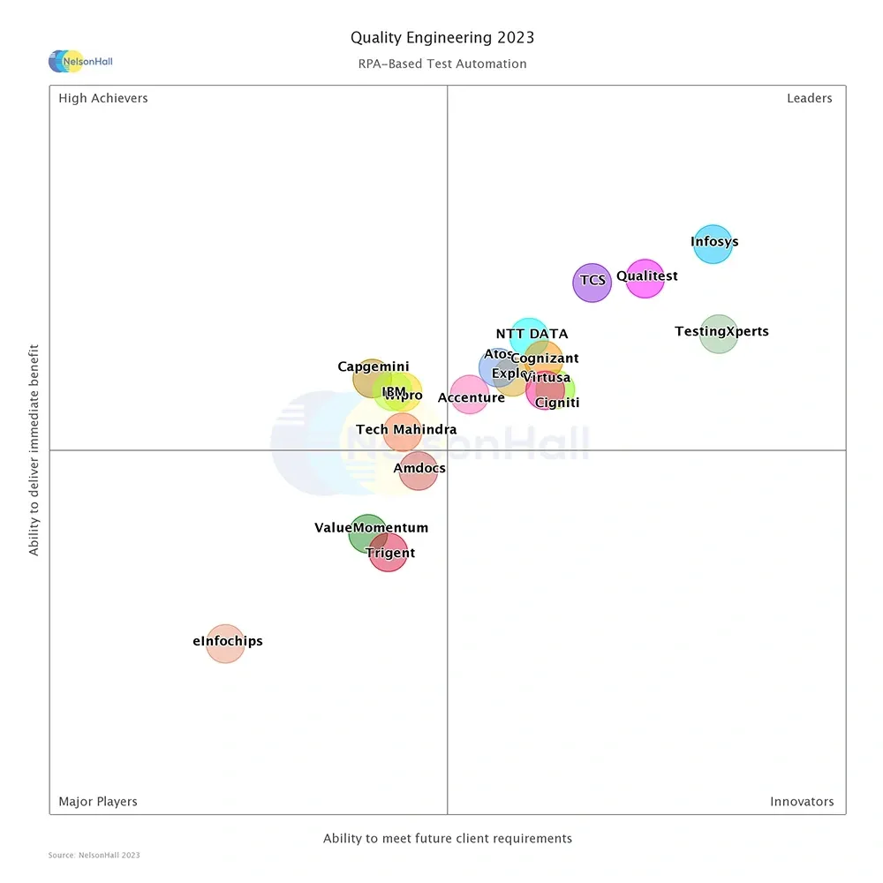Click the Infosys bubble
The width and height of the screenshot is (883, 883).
click(x=713, y=244)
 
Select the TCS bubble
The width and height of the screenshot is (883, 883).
click(x=592, y=283)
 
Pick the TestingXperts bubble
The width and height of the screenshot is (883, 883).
click(x=719, y=334)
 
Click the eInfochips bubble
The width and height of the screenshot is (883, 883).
click(x=225, y=643)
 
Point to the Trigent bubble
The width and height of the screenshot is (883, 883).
click(x=388, y=553)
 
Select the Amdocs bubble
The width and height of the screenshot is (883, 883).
click(x=418, y=470)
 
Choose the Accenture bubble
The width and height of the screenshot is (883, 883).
click(x=470, y=394)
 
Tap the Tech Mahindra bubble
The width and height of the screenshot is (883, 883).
click(x=402, y=432)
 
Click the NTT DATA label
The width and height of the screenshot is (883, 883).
click(x=532, y=334)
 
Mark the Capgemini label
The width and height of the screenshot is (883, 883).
click(x=373, y=367)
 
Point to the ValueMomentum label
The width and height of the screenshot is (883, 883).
click(x=371, y=528)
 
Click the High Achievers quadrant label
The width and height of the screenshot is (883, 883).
click(x=103, y=98)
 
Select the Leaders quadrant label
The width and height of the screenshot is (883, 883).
click(x=809, y=98)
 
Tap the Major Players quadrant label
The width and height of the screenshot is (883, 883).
click(x=98, y=802)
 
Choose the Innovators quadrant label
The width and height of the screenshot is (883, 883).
click(x=802, y=802)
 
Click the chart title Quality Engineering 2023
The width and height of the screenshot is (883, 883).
click(x=442, y=37)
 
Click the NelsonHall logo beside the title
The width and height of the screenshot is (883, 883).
click(x=80, y=61)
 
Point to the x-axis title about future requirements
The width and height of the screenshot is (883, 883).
click(x=448, y=839)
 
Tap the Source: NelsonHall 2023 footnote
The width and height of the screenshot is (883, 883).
click(x=94, y=855)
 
